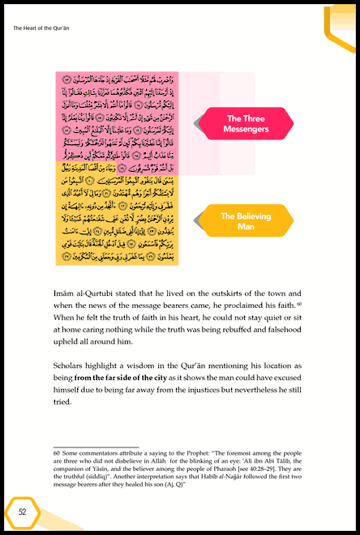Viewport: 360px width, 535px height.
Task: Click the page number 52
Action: (23, 511)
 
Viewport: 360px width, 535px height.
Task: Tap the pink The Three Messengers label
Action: (246, 122)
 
